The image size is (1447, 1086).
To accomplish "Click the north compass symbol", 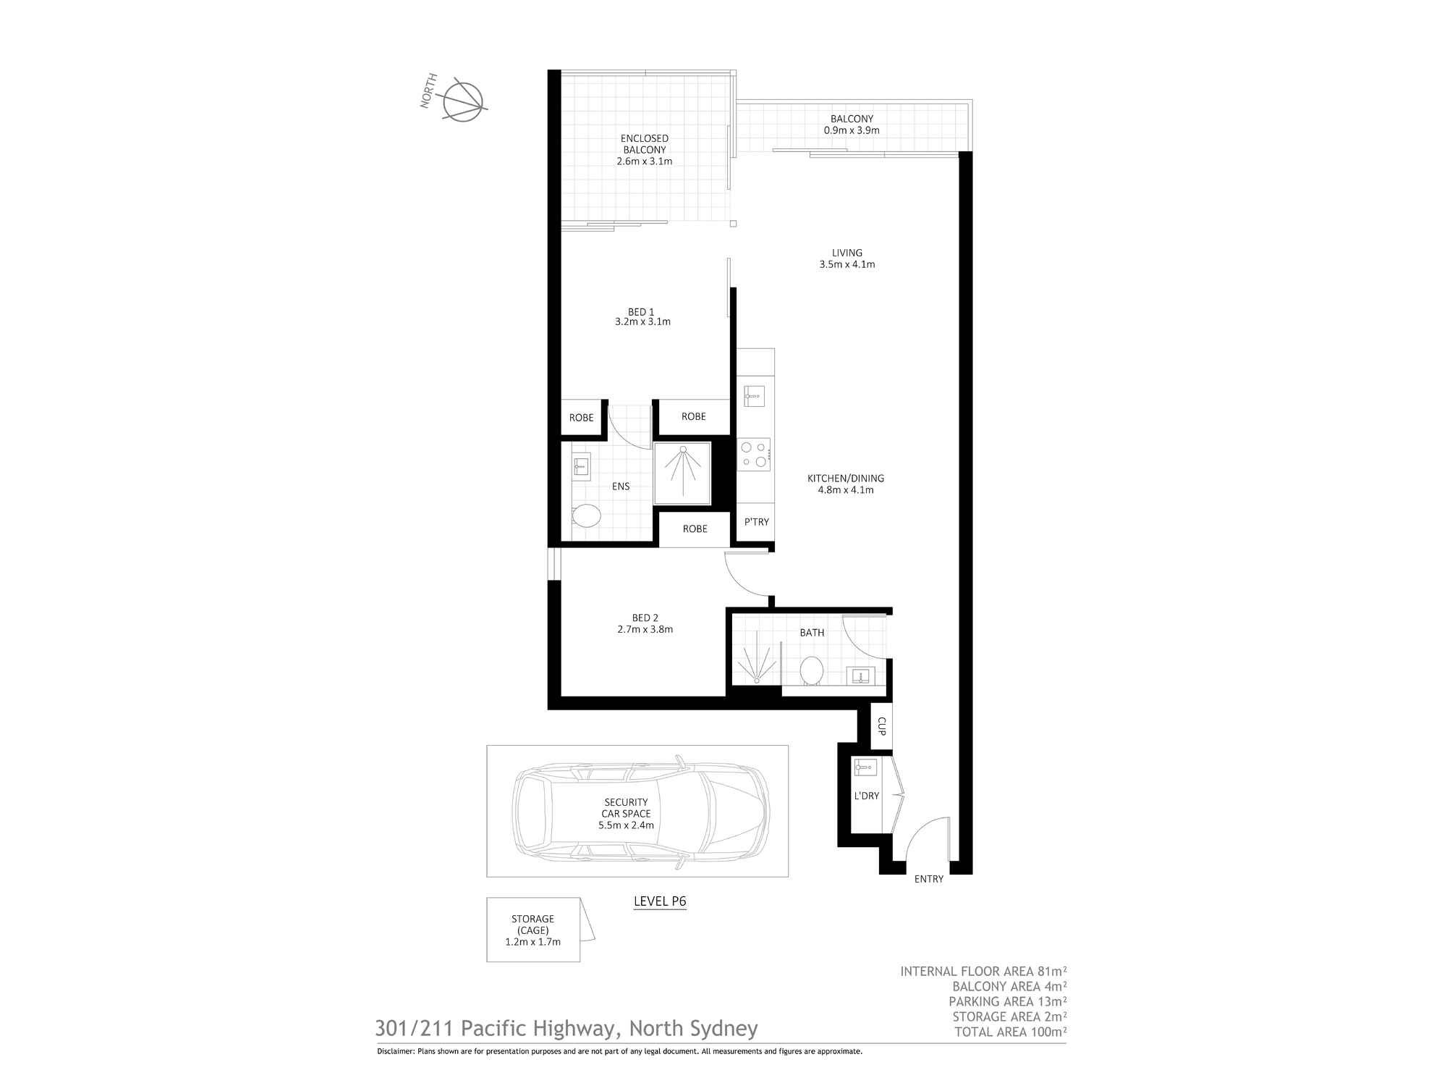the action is point(463,101).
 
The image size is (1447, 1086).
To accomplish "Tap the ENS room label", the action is point(621,487).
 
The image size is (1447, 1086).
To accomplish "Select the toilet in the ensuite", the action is point(585,517).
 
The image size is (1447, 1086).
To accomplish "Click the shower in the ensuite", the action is point(682,473).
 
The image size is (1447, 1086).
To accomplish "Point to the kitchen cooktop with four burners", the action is point(754,455).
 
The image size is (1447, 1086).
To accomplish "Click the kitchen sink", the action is point(754,396).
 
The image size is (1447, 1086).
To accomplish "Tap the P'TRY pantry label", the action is point(757,521).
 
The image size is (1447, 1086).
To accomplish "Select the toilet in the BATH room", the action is point(811,670).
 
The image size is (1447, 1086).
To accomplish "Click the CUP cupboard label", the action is point(881,726).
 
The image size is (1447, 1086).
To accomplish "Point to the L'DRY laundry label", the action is point(867,796).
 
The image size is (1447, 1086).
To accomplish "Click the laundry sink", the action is point(865,767).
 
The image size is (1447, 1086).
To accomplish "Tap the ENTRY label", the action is point(929,879).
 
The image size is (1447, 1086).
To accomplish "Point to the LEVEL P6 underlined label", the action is point(660,902).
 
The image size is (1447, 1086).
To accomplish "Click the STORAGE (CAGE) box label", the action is point(533,925).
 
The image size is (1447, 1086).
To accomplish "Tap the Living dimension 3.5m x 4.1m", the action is point(847,264).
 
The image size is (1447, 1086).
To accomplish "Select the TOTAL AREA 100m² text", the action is point(1011,1032).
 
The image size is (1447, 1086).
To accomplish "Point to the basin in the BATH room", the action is point(861,676).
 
